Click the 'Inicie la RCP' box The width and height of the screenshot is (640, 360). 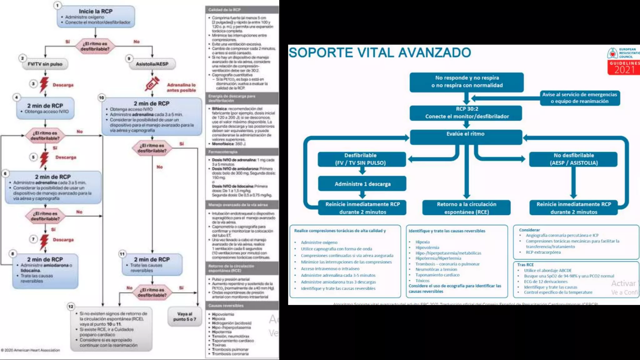[96, 17]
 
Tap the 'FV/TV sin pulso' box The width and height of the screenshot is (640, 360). [45, 64]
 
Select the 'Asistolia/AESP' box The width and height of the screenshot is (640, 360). [152, 64]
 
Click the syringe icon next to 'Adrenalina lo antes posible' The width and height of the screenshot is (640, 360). [152, 84]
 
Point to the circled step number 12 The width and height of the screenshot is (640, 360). [71, 306]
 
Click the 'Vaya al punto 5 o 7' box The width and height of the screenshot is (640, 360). [185, 317]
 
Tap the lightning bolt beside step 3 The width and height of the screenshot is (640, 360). [44, 84]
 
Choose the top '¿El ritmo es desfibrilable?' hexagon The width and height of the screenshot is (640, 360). [95, 46]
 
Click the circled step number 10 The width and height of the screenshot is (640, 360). [102, 97]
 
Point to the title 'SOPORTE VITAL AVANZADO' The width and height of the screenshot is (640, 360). [380, 52]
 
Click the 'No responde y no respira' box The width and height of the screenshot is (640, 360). [467, 82]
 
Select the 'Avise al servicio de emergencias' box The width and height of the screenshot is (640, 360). [580, 98]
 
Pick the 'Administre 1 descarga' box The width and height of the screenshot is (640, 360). [362, 184]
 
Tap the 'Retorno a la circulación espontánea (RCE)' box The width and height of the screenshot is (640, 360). [466, 208]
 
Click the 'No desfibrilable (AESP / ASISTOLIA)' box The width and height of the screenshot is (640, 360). [573, 159]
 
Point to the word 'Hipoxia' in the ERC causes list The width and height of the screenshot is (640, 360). [422, 242]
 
